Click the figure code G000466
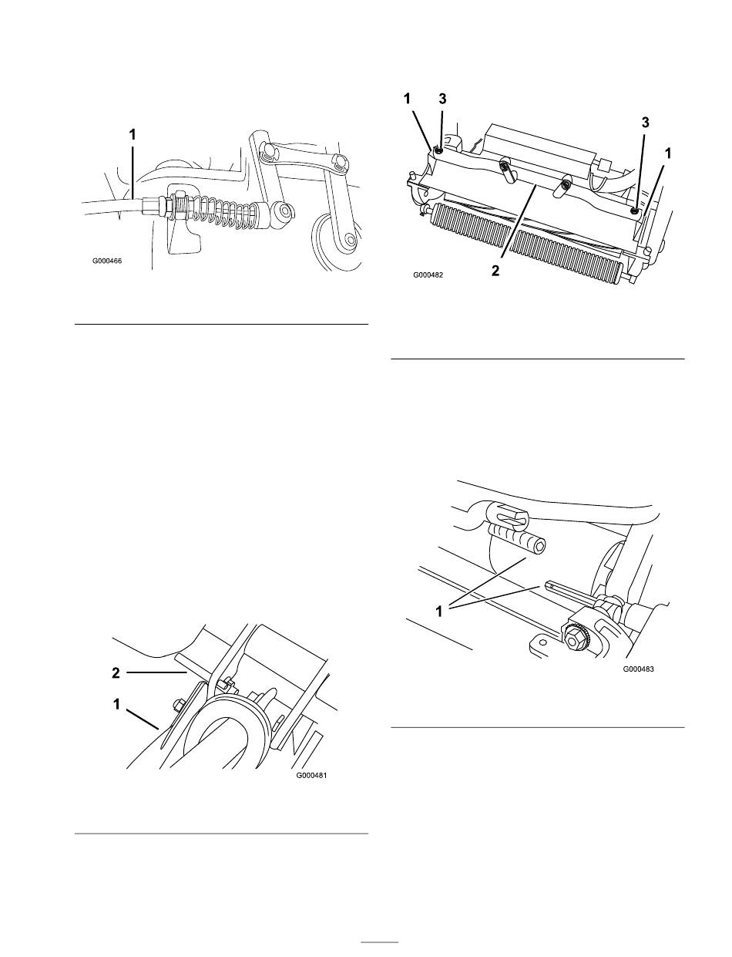pyautogui.click(x=107, y=261)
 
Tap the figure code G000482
pyautogui.click(x=428, y=275)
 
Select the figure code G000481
pyautogui.click(x=311, y=776)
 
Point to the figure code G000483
pyautogui.click(x=638, y=669)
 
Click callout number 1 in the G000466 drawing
pyautogui.click(x=133, y=135)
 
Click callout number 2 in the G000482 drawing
pyautogui.click(x=495, y=271)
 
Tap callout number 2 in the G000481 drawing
pyautogui.click(x=116, y=672)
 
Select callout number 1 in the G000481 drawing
pyautogui.click(x=116, y=705)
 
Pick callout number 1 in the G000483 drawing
pyautogui.click(x=438, y=612)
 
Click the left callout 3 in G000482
pyautogui.click(x=442, y=99)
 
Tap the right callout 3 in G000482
pyautogui.click(x=645, y=123)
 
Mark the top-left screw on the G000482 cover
pyautogui.click(x=438, y=151)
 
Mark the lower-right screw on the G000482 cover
pyautogui.click(x=633, y=211)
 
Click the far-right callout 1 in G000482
pyautogui.click(x=668, y=153)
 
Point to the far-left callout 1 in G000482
pyautogui.click(x=407, y=99)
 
